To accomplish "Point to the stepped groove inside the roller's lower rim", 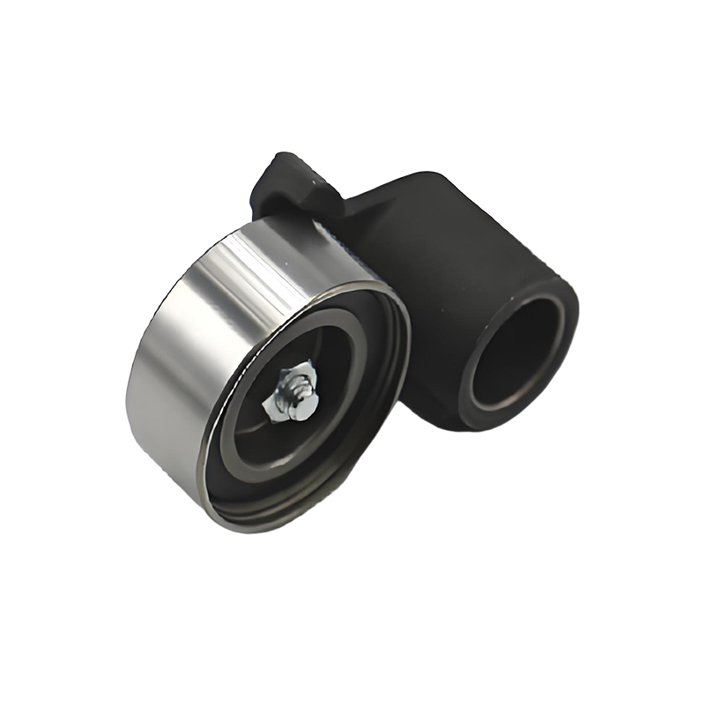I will point(291,502).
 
